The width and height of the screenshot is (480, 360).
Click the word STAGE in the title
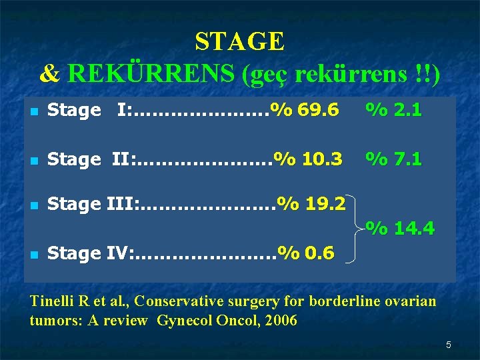[239, 42]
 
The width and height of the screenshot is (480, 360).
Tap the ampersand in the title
[49, 74]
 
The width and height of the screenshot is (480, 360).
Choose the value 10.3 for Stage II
[322, 159]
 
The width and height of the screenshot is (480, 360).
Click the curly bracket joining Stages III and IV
[360, 229]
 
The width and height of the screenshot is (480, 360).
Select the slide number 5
[449, 345]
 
